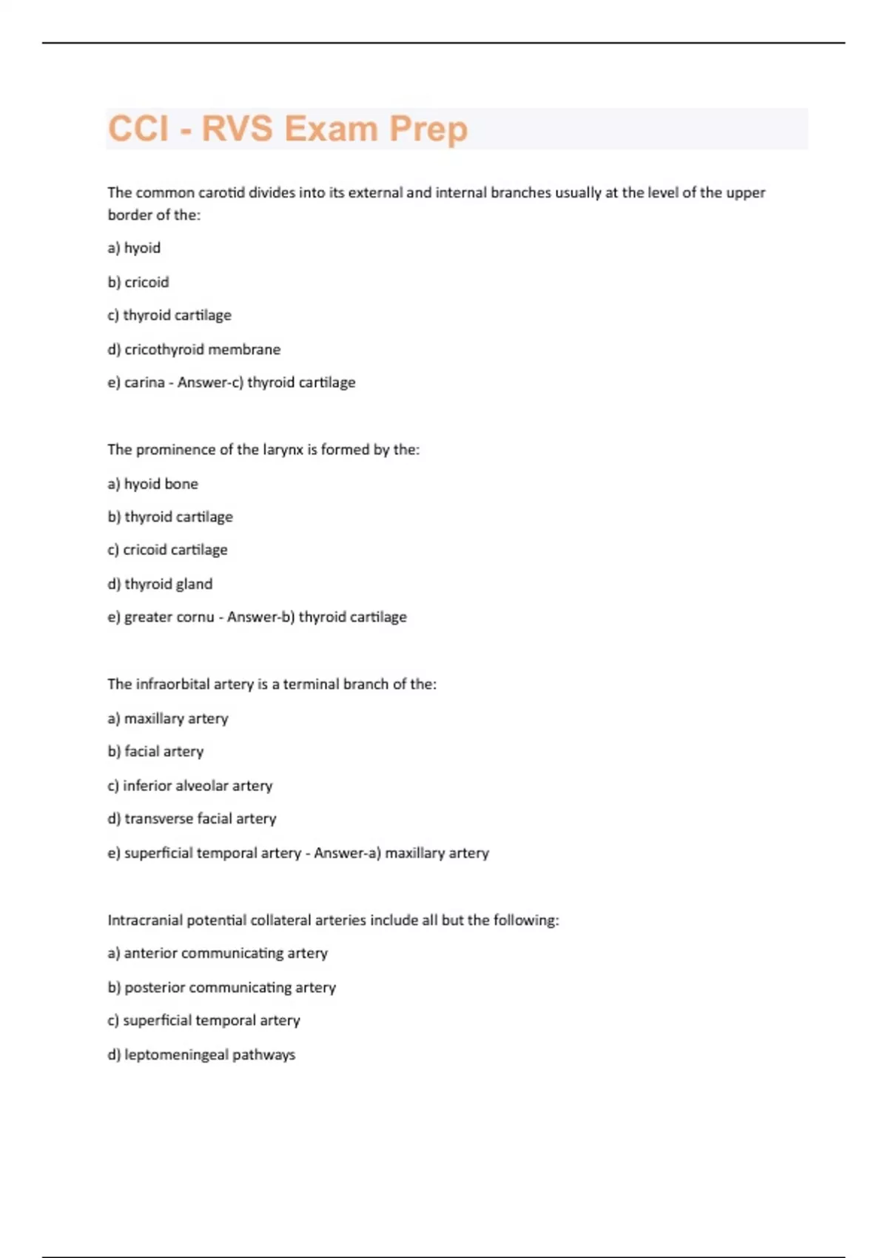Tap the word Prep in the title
point(428,129)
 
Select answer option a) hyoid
point(134,248)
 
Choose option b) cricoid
point(138,282)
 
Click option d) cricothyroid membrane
point(194,349)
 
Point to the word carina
point(144,383)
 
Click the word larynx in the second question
point(283,449)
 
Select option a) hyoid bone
point(153,484)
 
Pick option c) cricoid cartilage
point(168,550)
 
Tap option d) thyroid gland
point(160,584)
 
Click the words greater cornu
point(169,617)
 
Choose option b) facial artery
point(155,752)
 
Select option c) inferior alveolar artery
point(190,786)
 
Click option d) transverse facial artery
point(192,819)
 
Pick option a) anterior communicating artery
point(218,953)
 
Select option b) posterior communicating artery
point(221,987)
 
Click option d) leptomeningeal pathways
point(201,1054)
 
